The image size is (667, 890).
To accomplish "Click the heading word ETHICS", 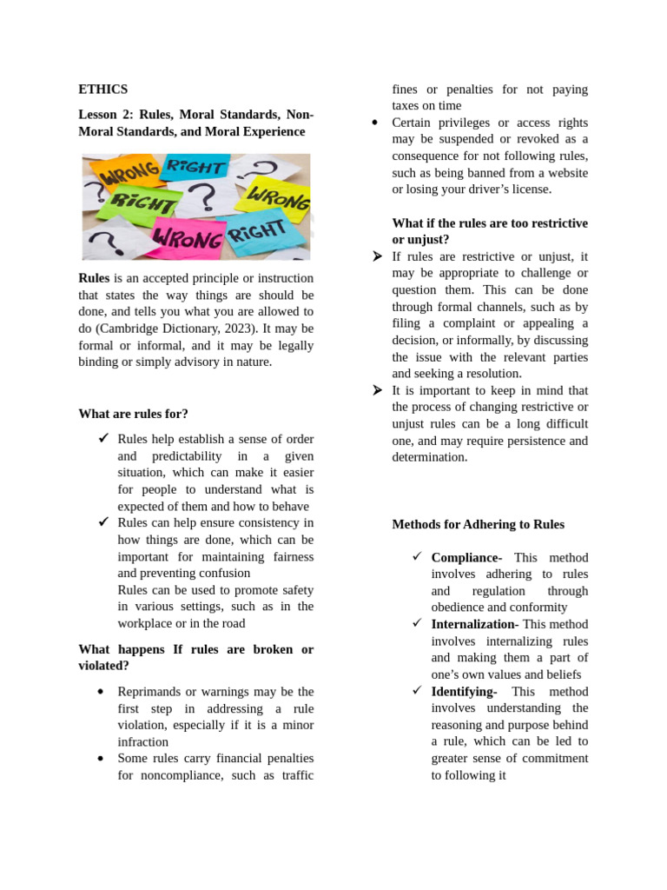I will click(x=102, y=90).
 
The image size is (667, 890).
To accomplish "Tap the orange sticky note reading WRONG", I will click(x=129, y=175).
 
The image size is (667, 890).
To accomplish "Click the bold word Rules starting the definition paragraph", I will click(x=94, y=278).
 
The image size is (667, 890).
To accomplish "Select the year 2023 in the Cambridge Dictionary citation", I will click(x=230, y=329).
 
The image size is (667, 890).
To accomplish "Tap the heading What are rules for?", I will click(x=133, y=414).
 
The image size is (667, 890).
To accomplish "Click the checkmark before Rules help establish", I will click(x=103, y=439).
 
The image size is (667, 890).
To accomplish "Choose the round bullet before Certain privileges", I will click(x=374, y=123).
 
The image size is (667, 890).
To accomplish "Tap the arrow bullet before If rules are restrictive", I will click(x=376, y=256).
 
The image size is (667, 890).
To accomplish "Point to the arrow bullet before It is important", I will click(x=376, y=390).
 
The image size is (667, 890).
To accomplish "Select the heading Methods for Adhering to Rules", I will click(x=478, y=524).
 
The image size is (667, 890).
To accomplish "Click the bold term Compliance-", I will click(x=466, y=557).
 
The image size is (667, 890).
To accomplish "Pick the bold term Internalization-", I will click(x=474, y=624).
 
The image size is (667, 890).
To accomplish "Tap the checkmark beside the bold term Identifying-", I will click(x=417, y=691).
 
